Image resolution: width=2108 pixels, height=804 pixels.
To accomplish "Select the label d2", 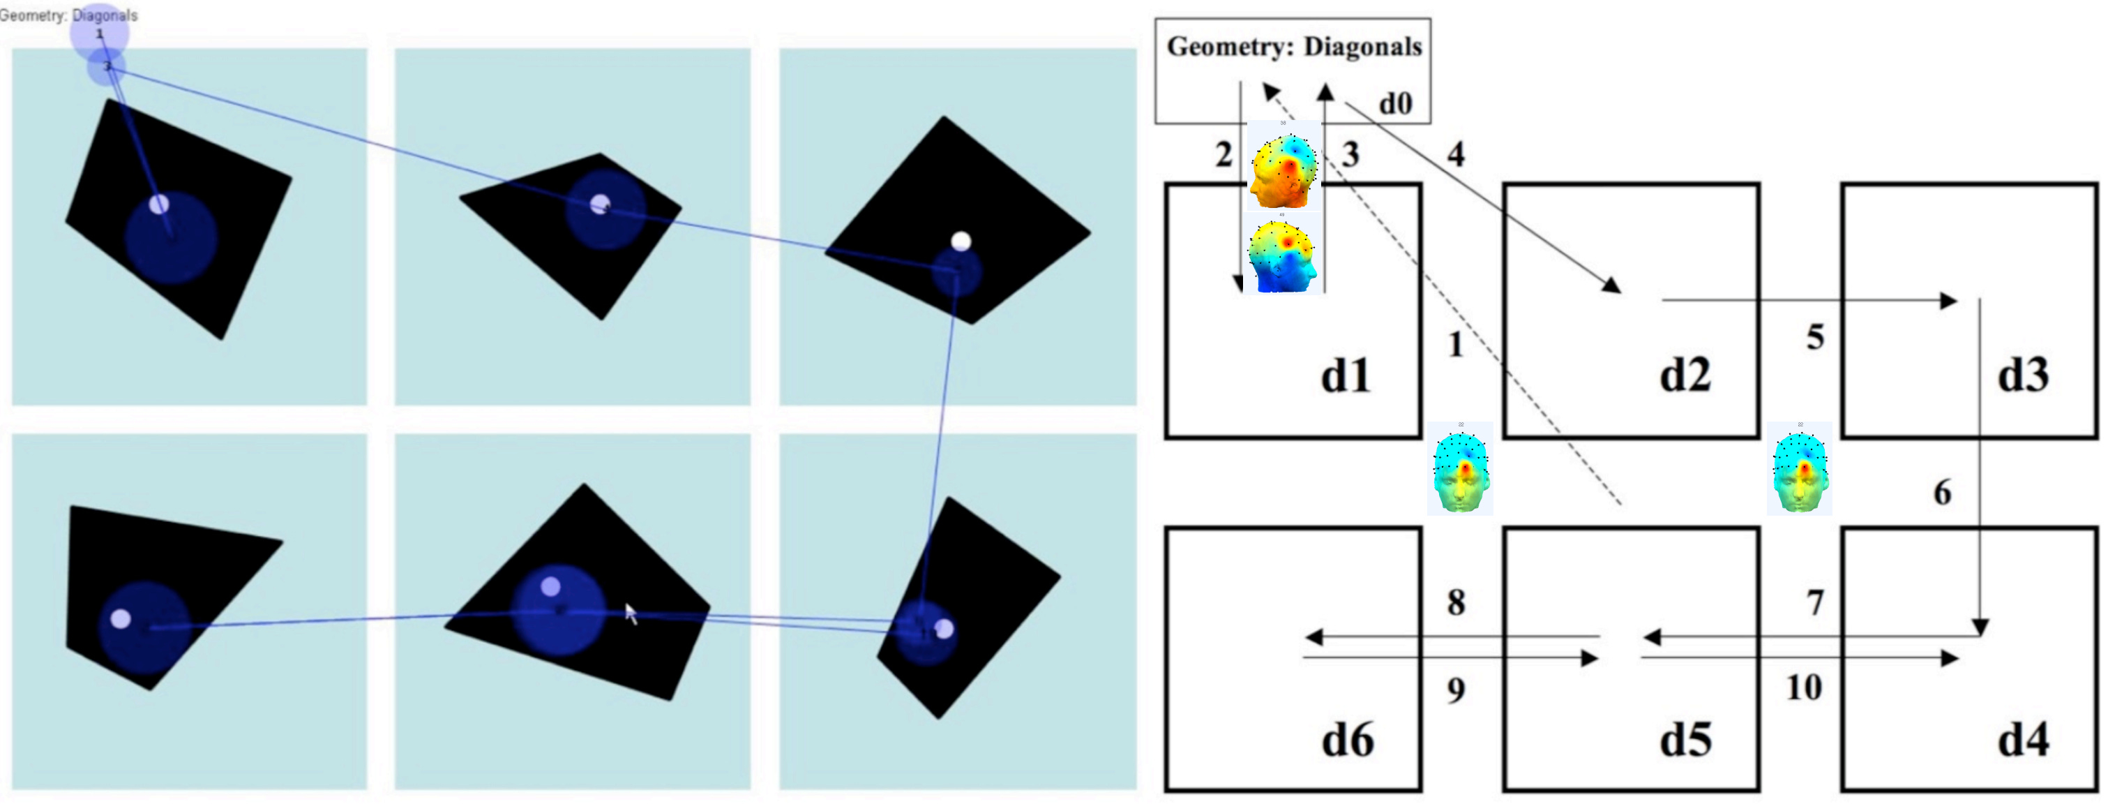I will [x=1684, y=375].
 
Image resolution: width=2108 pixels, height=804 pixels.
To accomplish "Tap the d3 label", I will [x=2023, y=375].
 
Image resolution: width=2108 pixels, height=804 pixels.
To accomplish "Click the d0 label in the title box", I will [x=1395, y=103].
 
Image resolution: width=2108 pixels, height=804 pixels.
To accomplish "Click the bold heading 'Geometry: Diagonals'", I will [x=1294, y=47].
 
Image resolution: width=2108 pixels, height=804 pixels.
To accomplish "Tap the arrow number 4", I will [x=1455, y=154].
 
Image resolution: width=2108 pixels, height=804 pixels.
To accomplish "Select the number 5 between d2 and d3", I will [x=1815, y=336].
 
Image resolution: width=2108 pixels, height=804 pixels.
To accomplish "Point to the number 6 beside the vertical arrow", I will [x=1942, y=492].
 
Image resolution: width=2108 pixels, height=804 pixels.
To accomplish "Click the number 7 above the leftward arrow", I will [x=1815, y=602].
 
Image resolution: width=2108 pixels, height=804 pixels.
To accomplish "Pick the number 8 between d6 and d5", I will [x=1456, y=602].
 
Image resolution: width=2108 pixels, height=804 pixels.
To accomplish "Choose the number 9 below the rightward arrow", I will [x=1456, y=690].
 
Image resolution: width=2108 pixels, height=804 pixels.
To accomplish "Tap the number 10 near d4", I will [x=1804, y=687].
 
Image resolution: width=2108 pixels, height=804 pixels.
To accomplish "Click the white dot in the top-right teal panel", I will [x=961, y=241].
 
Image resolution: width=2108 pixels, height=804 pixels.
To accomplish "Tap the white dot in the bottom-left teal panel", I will [x=120, y=618].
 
